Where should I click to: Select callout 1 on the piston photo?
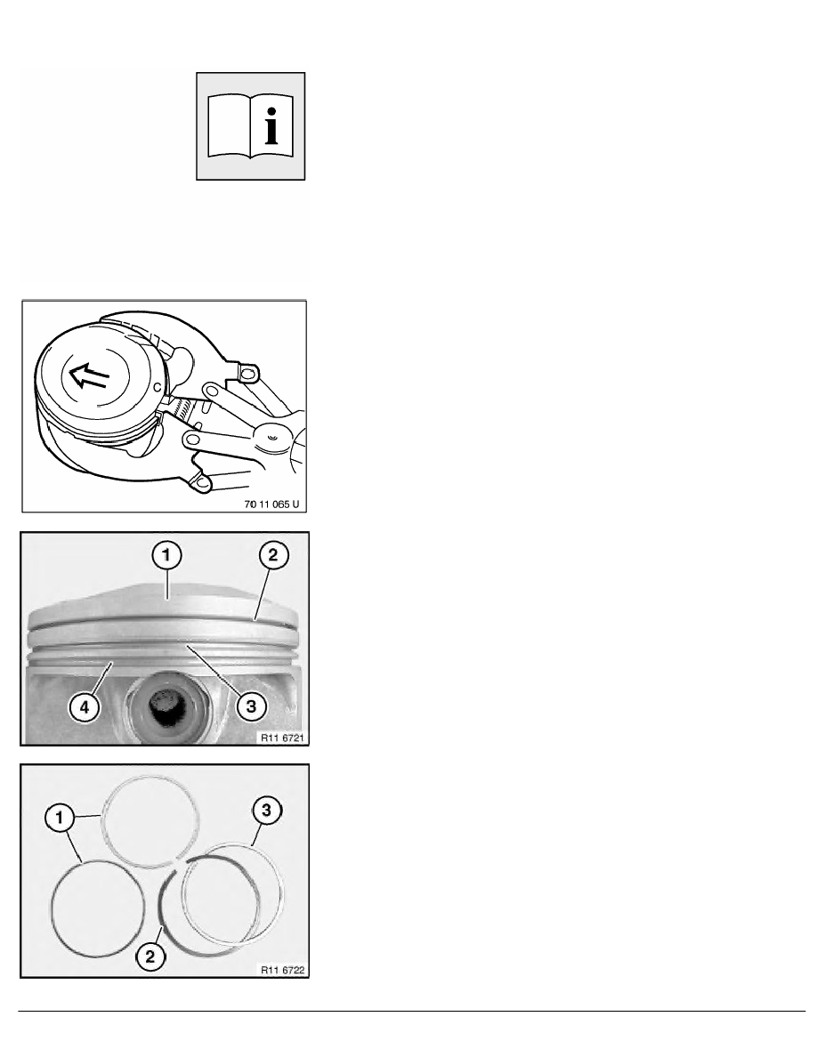click(166, 557)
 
